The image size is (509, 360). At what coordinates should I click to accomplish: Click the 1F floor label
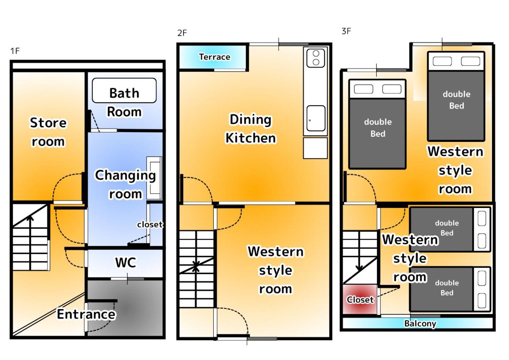point(15,51)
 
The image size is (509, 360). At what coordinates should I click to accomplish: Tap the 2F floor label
point(182,33)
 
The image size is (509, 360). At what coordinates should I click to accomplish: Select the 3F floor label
point(346,31)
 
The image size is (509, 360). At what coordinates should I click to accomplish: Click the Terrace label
point(215,57)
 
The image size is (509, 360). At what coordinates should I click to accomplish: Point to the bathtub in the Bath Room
point(124,91)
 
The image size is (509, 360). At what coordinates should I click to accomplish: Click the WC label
point(126,263)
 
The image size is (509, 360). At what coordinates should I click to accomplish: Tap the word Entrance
point(86,314)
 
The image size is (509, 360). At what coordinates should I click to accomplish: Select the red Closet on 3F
point(360,299)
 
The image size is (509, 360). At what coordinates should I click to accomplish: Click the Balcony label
point(420,323)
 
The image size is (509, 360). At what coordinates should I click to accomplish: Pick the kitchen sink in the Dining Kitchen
point(316,118)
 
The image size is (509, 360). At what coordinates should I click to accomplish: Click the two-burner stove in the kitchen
point(316,58)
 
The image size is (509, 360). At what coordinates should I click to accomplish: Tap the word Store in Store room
point(48,123)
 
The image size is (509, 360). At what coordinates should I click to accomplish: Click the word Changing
point(125,176)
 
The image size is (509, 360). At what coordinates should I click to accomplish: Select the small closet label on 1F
point(150,225)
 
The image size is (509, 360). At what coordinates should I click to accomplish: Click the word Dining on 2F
point(251,120)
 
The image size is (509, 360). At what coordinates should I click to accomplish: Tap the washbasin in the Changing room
point(154,178)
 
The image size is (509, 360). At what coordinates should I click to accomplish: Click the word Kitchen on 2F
point(251,138)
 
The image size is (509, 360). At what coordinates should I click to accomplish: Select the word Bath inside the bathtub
point(124,93)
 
